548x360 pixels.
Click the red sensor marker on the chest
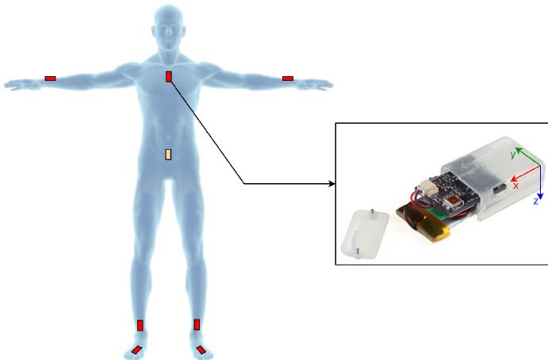coord(169,77)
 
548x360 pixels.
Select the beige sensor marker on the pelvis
coord(168,154)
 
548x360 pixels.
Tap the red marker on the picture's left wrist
coord(50,79)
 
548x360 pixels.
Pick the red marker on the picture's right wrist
coord(288,79)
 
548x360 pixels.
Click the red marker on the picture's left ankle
coord(140,325)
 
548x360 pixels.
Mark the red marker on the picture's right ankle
coord(197,324)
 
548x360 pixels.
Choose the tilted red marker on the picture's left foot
coord(136,350)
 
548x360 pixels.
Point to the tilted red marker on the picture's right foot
coord(201,350)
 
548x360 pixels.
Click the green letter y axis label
coord(512,155)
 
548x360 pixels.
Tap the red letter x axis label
coord(515,186)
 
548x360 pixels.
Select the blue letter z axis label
coord(535,201)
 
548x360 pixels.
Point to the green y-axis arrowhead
coord(519,151)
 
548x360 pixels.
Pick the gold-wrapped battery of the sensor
coord(423,224)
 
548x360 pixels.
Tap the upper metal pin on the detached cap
coord(373,213)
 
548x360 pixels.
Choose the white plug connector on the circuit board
coord(429,186)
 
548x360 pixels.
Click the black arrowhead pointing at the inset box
coord(332,184)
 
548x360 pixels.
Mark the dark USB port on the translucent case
coord(500,189)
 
